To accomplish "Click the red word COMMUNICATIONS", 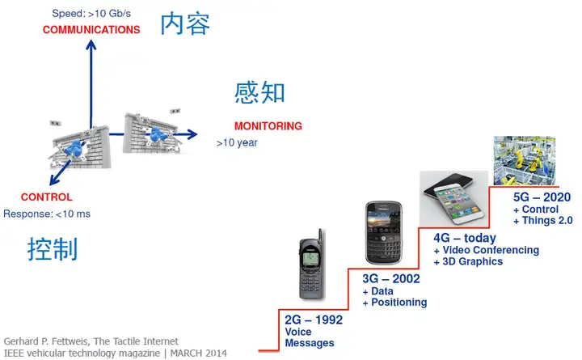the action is point(91,30).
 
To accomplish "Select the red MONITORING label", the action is point(268,126).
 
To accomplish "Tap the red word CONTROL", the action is point(46,197).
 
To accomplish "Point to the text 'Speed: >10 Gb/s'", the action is point(91,14).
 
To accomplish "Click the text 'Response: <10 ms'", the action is point(47,214).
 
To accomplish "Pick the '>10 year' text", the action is point(237,142).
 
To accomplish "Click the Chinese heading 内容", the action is point(185,23).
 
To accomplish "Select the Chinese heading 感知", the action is point(259,92).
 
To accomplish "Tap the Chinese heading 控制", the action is point(53,248).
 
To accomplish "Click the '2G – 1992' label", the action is point(314,320).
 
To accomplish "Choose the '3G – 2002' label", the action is point(391,278).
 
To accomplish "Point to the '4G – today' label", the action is point(465,238).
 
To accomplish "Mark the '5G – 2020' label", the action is point(542,197).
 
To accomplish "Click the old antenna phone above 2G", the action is point(312,265).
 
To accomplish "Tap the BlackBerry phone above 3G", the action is point(384,232).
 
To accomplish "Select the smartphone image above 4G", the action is point(454,199).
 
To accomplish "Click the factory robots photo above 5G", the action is point(525,160).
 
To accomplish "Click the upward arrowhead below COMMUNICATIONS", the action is point(91,45).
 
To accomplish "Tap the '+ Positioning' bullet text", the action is point(395,303).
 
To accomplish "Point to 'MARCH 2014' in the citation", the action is point(199,353).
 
